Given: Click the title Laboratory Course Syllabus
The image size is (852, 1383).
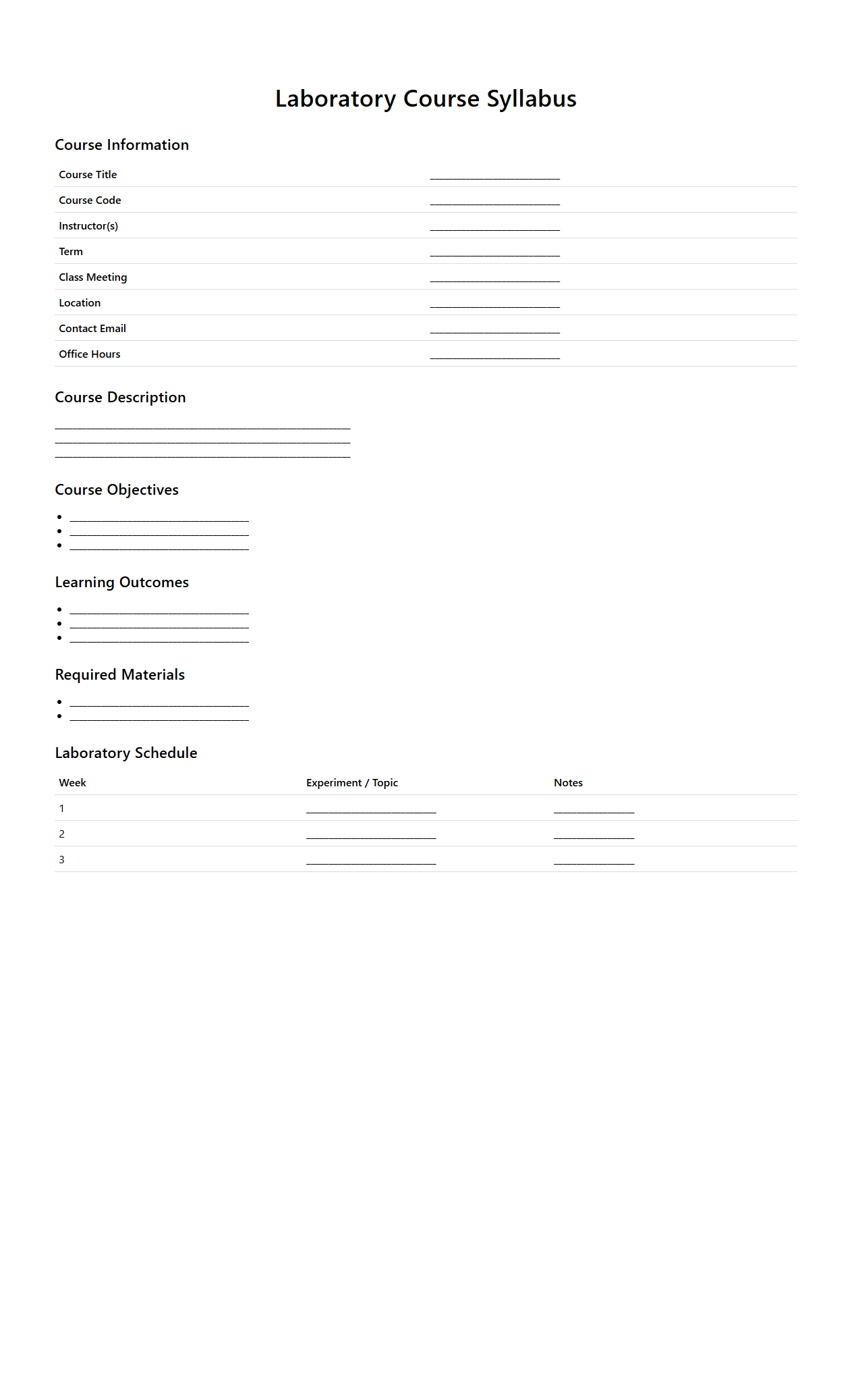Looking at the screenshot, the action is click(x=426, y=99).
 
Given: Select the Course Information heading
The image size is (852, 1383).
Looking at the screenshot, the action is click(x=121, y=145).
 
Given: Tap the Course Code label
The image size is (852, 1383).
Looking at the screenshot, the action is click(x=90, y=200).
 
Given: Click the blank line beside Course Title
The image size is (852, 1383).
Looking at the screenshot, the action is click(x=494, y=175).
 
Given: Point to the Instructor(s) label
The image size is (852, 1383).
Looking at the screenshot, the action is click(x=88, y=226).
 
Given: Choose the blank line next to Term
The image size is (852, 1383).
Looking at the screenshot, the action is click(x=494, y=252).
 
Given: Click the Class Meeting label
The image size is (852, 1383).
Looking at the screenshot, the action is click(x=92, y=277).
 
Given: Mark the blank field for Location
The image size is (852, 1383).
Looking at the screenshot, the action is click(x=494, y=304).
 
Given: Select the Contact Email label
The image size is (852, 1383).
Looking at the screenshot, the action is click(x=92, y=329).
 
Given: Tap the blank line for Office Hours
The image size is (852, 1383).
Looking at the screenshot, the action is click(x=494, y=355).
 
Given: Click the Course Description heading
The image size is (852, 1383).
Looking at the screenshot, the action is click(x=120, y=398).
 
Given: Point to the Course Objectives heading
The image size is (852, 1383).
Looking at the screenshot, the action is click(x=117, y=490).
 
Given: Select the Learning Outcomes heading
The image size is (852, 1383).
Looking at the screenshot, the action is click(x=121, y=582).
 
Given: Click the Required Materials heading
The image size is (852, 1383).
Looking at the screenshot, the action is click(x=119, y=675).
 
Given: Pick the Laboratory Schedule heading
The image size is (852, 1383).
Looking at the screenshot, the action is click(x=126, y=753).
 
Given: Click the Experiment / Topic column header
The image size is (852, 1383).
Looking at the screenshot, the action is click(x=352, y=783).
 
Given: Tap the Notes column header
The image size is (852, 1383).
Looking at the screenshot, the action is click(x=568, y=783).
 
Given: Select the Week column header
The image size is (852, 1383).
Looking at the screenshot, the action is click(x=72, y=783).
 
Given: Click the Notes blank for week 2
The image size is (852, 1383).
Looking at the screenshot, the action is click(x=594, y=835).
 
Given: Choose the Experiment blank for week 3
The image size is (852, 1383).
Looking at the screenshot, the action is click(x=371, y=861).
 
